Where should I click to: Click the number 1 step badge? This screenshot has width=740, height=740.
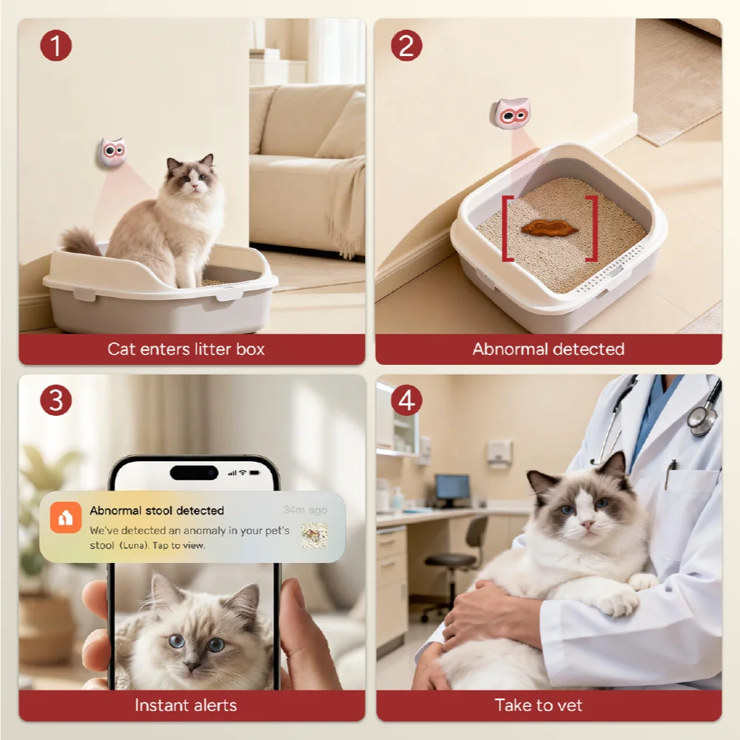[55, 45]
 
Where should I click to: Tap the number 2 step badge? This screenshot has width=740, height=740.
[406, 45]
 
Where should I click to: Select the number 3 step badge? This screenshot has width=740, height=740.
[55, 400]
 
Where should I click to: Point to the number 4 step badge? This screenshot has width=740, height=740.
[406, 400]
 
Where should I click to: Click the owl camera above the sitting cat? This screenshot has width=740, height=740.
[112, 152]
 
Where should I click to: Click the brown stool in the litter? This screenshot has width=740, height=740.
[549, 229]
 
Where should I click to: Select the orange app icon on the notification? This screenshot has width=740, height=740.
[66, 518]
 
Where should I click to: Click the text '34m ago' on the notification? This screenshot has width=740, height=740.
[305, 510]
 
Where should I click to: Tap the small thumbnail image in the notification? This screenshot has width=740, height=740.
[314, 535]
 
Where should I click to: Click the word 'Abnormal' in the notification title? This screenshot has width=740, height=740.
[115, 510]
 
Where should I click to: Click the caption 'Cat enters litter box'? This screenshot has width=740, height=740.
[186, 349]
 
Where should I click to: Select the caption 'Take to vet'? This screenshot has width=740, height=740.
[539, 704]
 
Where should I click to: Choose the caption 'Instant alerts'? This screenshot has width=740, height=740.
[186, 704]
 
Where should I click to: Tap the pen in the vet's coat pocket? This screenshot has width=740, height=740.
[670, 474]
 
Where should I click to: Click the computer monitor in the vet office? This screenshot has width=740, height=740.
[453, 489]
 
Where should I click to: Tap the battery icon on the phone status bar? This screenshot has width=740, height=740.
[255, 472]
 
